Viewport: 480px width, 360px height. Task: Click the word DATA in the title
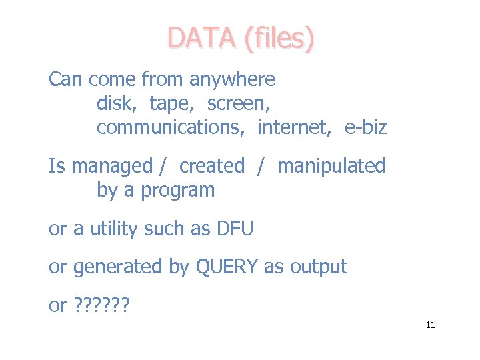point(202,38)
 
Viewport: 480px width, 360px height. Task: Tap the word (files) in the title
point(279,39)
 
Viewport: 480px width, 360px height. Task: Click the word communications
point(169,127)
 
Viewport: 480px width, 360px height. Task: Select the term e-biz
point(365,127)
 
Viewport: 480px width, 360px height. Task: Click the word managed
point(112,166)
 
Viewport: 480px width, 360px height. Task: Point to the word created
point(212,165)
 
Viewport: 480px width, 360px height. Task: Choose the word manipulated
point(331,165)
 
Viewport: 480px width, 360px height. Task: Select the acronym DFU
point(235,229)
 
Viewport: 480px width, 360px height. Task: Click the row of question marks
point(103,306)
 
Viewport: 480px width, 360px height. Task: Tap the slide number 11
point(430,325)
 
